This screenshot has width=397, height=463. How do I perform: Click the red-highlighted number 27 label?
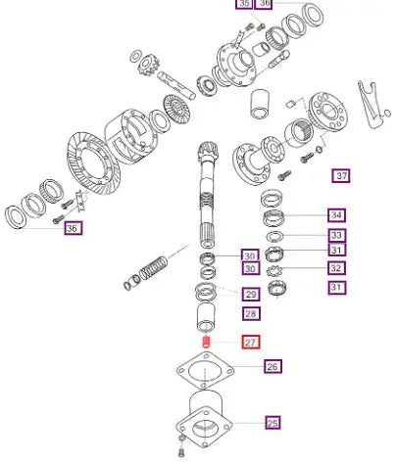[251, 343]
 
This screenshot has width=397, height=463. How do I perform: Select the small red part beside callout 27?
[206, 342]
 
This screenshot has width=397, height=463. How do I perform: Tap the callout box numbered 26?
[273, 366]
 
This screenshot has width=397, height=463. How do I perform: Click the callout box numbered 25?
[273, 423]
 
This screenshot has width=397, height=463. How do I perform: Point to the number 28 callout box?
[251, 314]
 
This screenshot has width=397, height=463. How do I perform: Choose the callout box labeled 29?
[251, 295]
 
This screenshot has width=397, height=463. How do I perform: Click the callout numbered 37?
[341, 176]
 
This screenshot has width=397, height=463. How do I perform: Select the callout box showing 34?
[336, 215]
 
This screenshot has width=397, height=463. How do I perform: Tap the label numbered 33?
[336, 235]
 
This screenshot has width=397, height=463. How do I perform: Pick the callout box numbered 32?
[336, 268]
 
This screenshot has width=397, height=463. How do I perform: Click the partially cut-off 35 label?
[244, 3]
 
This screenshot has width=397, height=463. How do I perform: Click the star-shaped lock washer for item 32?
[273, 271]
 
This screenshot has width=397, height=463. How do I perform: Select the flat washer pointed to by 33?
[274, 236]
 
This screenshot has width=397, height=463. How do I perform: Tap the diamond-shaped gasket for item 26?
[205, 370]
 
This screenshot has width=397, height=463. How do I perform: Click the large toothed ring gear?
[94, 163]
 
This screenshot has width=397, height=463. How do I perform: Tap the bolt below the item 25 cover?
[182, 445]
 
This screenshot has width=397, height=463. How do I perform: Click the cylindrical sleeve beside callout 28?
[206, 317]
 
